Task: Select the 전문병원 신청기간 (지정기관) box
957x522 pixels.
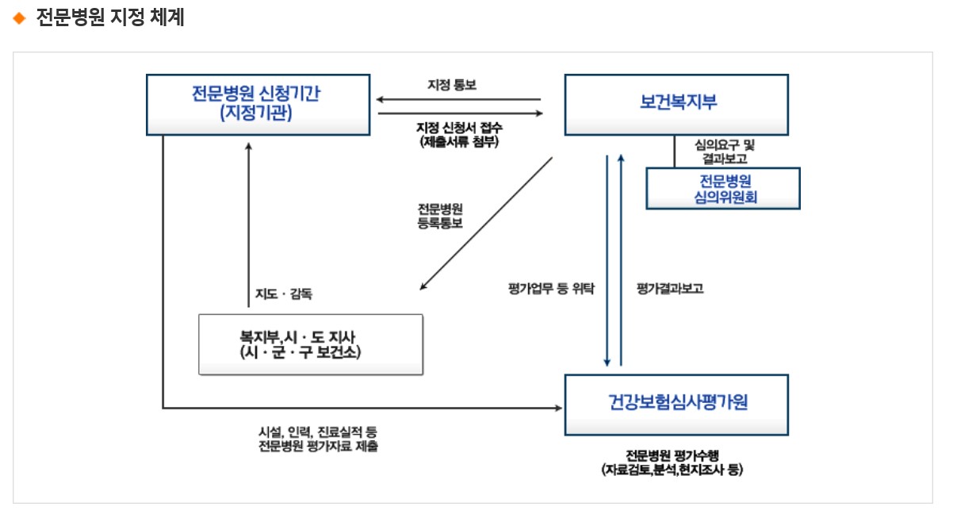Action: tap(258, 104)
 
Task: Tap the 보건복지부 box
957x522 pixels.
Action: tap(676, 104)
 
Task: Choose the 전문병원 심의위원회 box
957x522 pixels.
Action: tap(723, 188)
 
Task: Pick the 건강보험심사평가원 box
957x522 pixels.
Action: tap(676, 404)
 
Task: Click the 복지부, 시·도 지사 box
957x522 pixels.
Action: tap(310, 344)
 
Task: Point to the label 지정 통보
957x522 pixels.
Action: tap(452, 84)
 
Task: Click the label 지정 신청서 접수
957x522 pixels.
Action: tap(459, 127)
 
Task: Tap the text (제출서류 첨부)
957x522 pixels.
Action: tap(459, 141)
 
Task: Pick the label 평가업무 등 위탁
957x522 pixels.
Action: tap(551, 289)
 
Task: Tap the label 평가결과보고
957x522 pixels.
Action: tap(669, 289)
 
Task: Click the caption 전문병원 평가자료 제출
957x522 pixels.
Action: tap(318, 447)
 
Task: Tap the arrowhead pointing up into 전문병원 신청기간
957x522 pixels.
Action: tap(249, 146)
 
